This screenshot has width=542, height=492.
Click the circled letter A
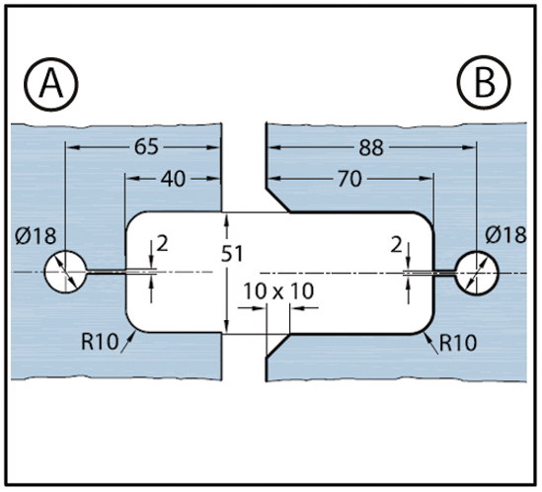pos(51,84)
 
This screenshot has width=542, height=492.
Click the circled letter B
pos(484,83)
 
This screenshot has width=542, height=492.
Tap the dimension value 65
pos(146,146)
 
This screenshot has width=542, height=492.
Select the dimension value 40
pos(173,179)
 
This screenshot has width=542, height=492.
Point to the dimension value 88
pos(371,148)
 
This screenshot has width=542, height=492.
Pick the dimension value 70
pos(349,179)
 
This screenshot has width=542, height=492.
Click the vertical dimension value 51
pos(232,254)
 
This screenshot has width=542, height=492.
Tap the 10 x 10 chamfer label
pos(278,291)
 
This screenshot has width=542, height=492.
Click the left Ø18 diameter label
pos(36,236)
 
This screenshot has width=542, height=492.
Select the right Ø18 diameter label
pos(505,235)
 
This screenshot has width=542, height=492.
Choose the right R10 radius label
pos(458,343)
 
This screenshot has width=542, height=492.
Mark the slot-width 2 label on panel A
pos(162,244)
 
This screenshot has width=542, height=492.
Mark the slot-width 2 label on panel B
pos(397,246)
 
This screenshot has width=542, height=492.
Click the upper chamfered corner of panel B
pos(277,200)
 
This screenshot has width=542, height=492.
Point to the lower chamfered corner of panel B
pos(277,346)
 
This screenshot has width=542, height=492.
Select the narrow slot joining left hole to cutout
pos(106,273)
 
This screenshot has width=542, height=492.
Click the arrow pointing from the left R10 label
pos(128,342)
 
